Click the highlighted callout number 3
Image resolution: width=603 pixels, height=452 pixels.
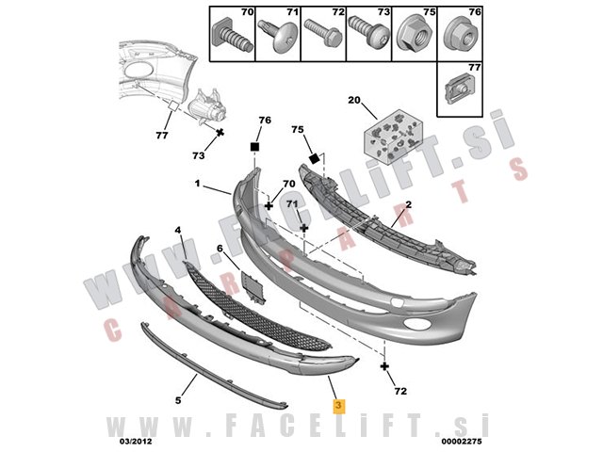(338, 406)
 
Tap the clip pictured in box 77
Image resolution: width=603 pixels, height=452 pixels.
(459, 89)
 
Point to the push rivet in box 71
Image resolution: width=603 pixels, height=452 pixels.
(278, 36)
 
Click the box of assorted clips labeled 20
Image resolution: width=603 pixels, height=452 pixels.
(393, 137)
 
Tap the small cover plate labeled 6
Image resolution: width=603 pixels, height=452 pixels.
(253, 287)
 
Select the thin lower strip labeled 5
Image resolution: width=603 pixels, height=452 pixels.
(213, 365)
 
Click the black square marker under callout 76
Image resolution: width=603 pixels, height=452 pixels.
(254, 147)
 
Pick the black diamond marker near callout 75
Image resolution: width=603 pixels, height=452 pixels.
(315, 158)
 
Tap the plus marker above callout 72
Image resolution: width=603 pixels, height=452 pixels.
(384, 366)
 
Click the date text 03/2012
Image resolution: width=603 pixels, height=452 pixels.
(136, 441)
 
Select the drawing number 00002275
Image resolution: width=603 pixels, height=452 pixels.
(462, 441)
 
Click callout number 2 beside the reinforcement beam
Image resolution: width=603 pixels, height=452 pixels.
(408, 204)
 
